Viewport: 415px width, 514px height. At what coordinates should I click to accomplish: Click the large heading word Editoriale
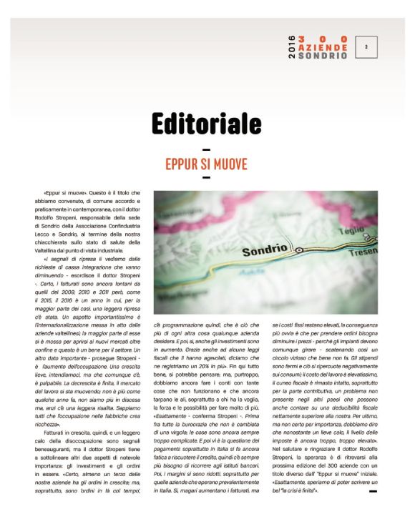pyautogui.click(x=206, y=124)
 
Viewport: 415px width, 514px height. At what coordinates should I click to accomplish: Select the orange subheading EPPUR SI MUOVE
pyautogui.click(x=206, y=164)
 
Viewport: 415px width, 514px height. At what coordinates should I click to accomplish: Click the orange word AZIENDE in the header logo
pyautogui.click(x=323, y=47)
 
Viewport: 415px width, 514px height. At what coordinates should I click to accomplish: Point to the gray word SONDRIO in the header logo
pyautogui.click(x=323, y=56)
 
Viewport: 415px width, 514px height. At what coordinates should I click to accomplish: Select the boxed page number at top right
pyautogui.click(x=366, y=47)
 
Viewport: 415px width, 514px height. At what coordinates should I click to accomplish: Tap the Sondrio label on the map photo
pyautogui.click(x=265, y=252)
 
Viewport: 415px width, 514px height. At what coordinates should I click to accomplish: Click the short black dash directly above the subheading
pyautogui.click(x=206, y=149)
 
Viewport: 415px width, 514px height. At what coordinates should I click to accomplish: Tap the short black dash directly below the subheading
pyautogui.click(x=206, y=177)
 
